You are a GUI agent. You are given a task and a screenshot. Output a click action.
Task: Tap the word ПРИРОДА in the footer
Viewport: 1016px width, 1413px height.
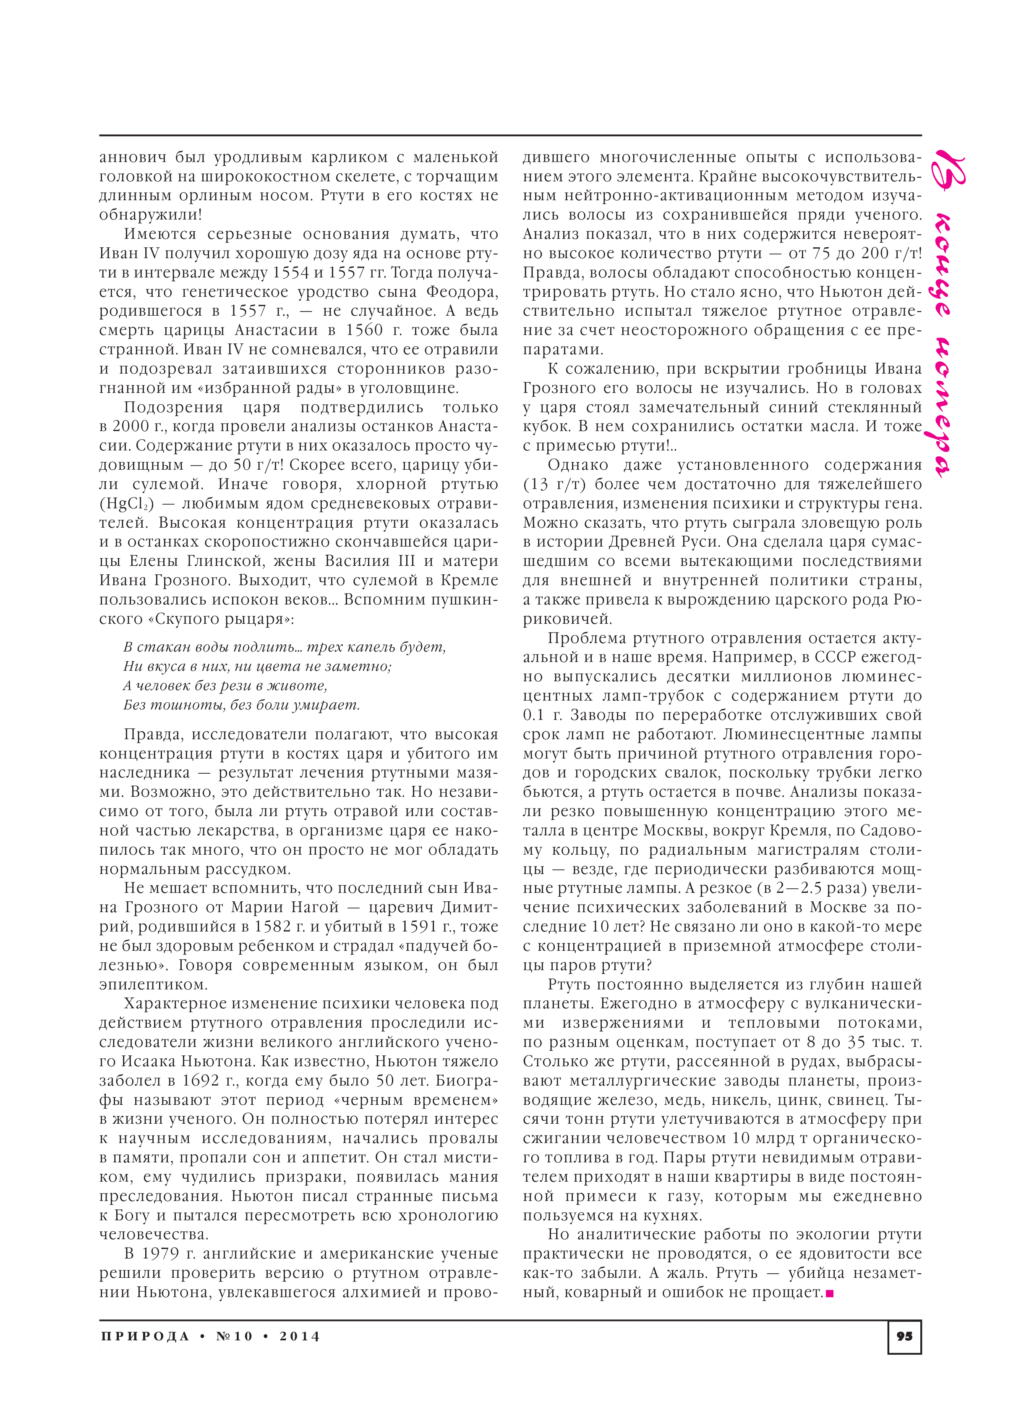tap(144, 1336)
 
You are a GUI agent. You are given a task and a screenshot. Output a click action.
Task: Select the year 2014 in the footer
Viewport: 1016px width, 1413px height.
tap(300, 1336)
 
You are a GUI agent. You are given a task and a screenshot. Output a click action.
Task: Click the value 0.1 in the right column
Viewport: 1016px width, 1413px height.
tap(534, 715)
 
